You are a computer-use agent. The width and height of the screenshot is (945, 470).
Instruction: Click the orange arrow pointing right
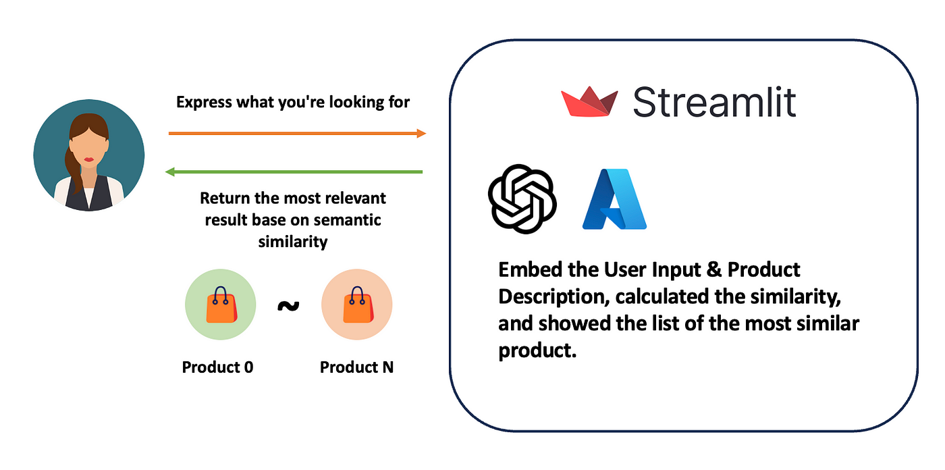click(x=298, y=133)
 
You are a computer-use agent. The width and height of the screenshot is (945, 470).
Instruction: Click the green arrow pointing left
click(x=294, y=172)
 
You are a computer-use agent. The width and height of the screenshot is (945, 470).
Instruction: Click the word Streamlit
click(x=715, y=102)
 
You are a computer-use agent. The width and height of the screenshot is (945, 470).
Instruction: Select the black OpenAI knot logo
click(x=522, y=199)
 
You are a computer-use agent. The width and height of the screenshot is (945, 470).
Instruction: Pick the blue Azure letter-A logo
click(x=614, y=199)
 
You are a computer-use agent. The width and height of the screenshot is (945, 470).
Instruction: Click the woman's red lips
click(x=88, y=159)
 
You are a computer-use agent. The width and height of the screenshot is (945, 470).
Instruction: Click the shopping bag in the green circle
click(x=221, y=305)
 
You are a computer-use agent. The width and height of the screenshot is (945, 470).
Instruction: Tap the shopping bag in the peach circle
click(x=358, y=305)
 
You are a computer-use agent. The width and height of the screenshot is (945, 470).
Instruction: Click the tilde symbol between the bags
click(x=289, y=306)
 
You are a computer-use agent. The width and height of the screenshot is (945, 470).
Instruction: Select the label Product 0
click(x=217, y=367)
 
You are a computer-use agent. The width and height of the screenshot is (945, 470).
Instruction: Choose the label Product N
click(x=356, y=367)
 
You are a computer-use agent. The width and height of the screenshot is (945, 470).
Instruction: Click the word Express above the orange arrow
click(x=204, y=103)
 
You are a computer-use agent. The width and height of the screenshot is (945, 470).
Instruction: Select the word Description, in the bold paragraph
click(x=554, y=297)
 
